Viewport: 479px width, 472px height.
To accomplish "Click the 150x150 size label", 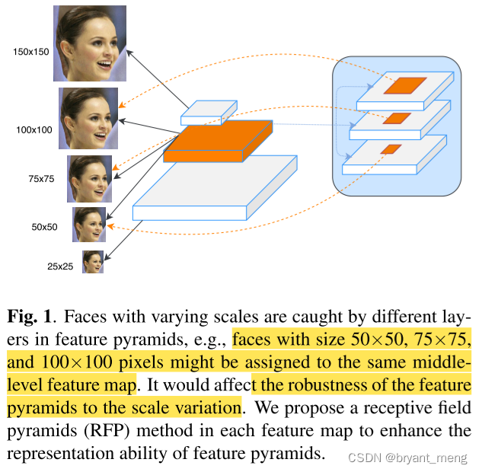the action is pos(30,52).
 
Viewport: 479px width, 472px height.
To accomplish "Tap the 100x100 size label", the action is pos(34,129).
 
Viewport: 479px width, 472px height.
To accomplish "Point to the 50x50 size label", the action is pos(44,227).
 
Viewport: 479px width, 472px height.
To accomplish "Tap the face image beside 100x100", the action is pos(88,118).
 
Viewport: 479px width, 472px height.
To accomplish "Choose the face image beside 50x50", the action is pos(89,225).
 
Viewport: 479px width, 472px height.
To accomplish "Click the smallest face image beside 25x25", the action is pos(92,262).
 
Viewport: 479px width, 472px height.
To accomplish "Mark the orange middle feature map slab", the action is pos(218,141).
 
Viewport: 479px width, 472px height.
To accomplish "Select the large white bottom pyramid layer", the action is pos(213,187).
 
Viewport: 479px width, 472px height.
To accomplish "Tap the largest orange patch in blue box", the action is pos(405,85).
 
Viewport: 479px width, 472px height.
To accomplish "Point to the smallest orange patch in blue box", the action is pos(391,148).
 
